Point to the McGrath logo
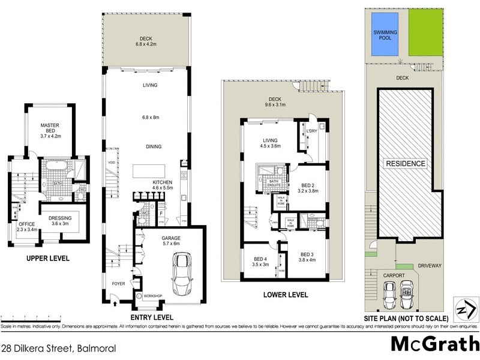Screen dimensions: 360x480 431,344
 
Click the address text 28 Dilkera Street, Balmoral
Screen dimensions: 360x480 58,348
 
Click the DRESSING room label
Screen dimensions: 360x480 61,221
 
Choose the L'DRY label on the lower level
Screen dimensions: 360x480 311,130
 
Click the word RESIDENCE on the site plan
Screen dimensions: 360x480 405,164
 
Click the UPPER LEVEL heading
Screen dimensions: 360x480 47,259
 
